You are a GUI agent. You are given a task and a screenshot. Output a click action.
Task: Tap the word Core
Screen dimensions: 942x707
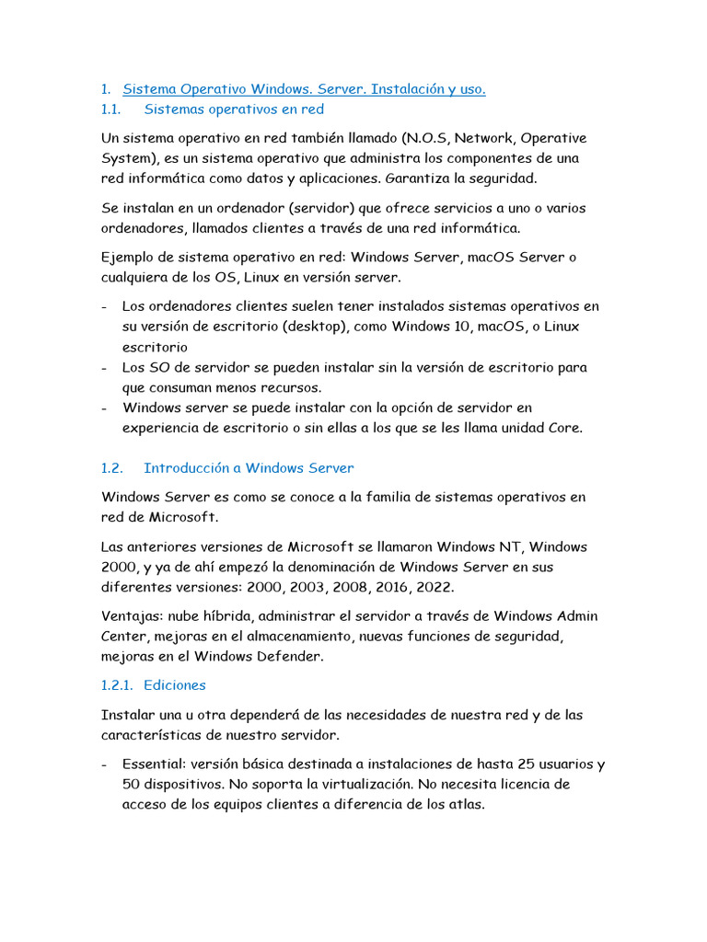564,428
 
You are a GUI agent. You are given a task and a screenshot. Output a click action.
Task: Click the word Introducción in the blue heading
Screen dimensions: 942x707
187,468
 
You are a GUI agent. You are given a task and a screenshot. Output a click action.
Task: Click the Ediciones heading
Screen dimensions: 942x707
175,685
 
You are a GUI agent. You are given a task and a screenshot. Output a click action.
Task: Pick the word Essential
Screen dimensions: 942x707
153,764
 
